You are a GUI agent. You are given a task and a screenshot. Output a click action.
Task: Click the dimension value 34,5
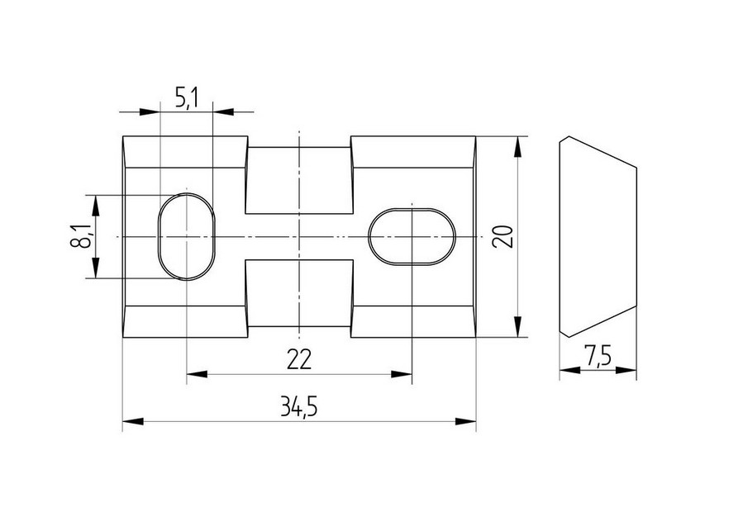[298, 407]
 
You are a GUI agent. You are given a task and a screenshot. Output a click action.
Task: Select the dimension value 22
[299, 359]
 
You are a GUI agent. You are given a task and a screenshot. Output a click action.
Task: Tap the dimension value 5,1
[186, 99]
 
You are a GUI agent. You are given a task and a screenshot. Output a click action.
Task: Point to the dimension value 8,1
[80, 236]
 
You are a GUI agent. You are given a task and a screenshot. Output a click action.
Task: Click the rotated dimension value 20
[502, 236]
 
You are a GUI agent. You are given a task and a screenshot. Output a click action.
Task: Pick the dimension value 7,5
[598, 356]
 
